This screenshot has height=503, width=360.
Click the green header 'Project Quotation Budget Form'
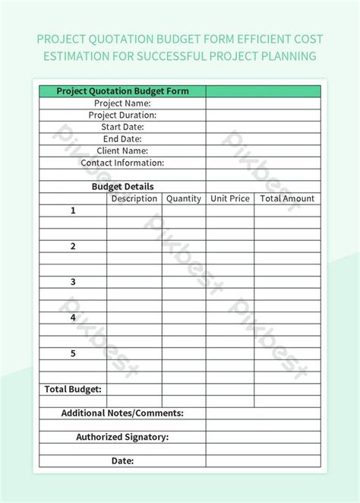pyautogui.click(x=122, y=91)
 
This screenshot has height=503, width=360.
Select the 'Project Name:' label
pyautogui.click(x=122, y=103)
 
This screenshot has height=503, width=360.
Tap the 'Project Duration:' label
pyautogui.click(x=122, y=115)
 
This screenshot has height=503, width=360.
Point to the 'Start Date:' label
pyautogui.click(x=122, y=127)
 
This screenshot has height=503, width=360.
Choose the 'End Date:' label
pyautogui.click(x=122, y=139)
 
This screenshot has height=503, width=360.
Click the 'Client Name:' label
pyautogui.click(x=122, y=151)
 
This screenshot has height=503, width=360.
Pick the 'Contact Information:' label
pyautogui.click(x=122, y=163)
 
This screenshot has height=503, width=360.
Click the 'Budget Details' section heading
pyautogui.click(x=122, y=186)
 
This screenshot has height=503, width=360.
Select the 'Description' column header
pyautogui.click(x=134, y=198)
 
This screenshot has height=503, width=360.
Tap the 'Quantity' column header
pyautogui.click(x=184, y=198)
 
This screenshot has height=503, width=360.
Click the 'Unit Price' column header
pyautogui.click(x=230, y=198)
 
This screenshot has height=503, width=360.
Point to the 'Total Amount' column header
pyautogui.click(x=287, y=198)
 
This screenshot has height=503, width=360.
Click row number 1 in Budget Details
pyautogui.click(x=74, y=210)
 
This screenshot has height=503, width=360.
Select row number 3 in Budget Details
pyautogui.click(x=74, y=282)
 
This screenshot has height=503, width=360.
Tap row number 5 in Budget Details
pyautogui.click(x=74, y=353)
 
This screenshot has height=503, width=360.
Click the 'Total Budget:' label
pyautogui.click(x=73, y=389)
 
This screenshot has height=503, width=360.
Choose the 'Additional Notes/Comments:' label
pyautogui.click(x=122, y=413)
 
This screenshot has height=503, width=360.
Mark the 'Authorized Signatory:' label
pyautogui.click(x=122, y=437)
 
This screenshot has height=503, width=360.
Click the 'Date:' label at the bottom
pyautogui.click(x=122, y=460)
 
